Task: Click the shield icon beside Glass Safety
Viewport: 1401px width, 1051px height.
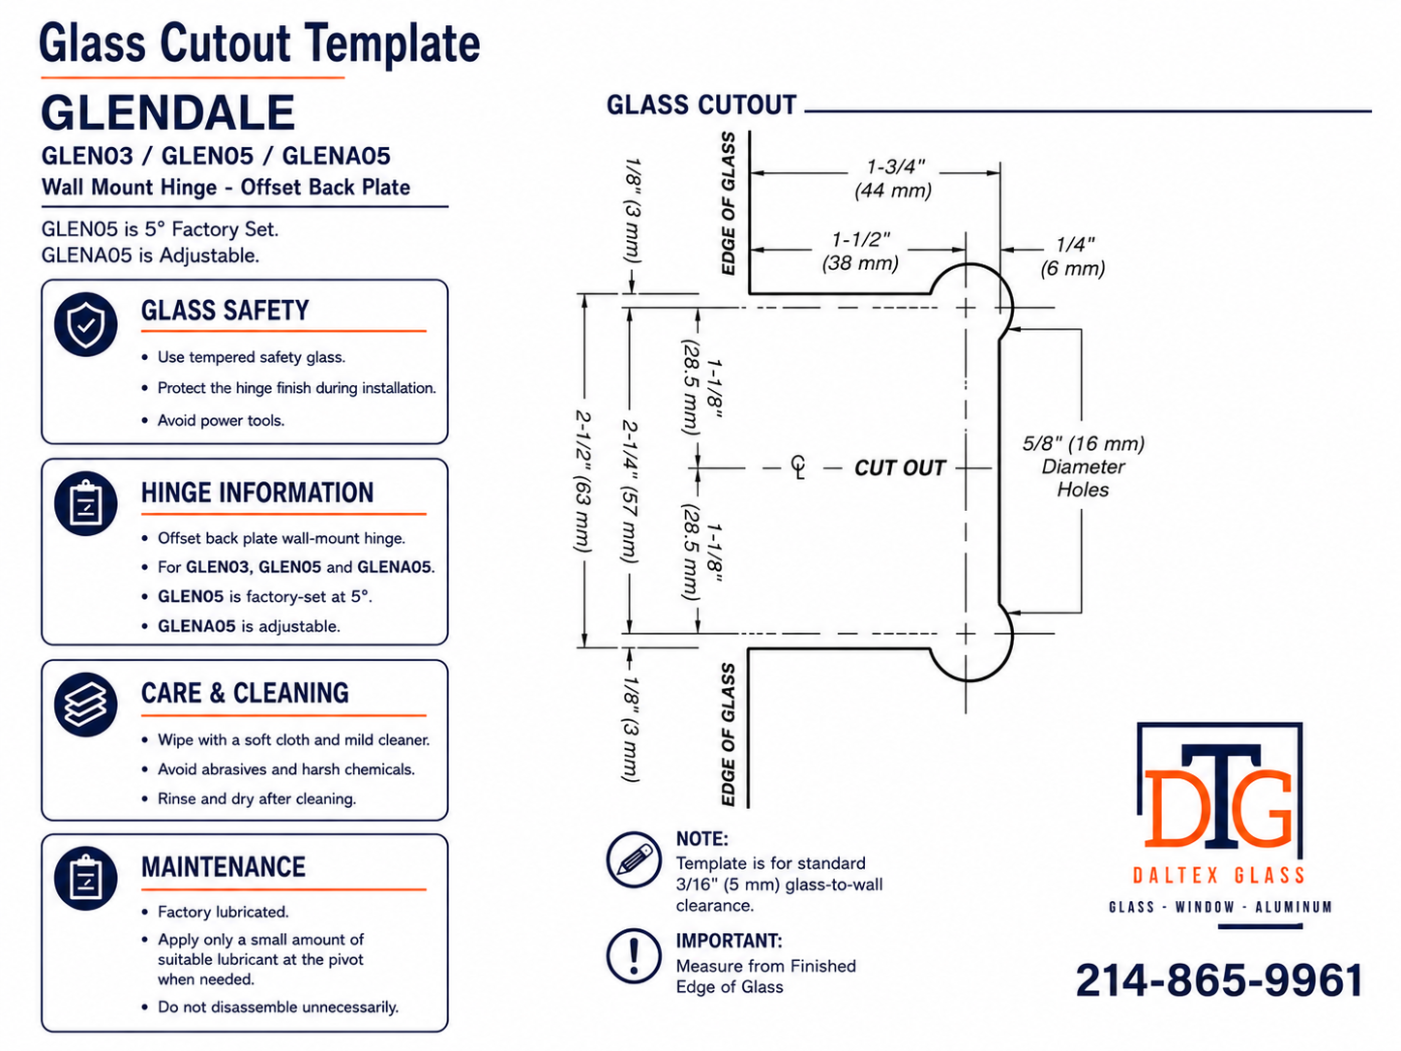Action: pos(85,325)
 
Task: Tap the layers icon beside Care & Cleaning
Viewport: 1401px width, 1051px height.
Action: pos(85,705)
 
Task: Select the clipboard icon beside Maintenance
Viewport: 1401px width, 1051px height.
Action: pos(85,878)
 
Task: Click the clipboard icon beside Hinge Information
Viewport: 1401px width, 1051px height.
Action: pos(85,503)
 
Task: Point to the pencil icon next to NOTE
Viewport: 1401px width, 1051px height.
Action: pos(634,859)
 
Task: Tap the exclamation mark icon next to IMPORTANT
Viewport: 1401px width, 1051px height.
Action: pos(634,956)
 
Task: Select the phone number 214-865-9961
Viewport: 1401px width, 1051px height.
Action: pos(1220,980)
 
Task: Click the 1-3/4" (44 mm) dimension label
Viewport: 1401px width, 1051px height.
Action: pos(894,179)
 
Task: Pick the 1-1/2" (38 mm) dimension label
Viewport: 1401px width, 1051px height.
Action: pos(860,251)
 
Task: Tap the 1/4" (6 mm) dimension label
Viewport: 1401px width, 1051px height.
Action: pos(1073,256)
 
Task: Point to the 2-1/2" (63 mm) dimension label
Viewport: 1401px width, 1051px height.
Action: pos(582,481)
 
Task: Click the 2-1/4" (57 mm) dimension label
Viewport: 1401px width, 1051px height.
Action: pos(629,491)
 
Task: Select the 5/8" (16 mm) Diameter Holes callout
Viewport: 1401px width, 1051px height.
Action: pos(1083,466)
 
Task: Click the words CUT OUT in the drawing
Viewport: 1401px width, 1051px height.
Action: pos(899,467)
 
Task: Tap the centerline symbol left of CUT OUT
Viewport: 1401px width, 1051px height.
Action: pos(798,466)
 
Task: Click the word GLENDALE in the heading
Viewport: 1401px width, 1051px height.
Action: pos(167,112)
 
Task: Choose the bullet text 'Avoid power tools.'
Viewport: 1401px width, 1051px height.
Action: pos(221,421)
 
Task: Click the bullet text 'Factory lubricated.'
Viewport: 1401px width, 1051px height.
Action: pos(224,912)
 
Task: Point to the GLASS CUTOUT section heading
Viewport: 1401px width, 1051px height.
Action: pos(701,105)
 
